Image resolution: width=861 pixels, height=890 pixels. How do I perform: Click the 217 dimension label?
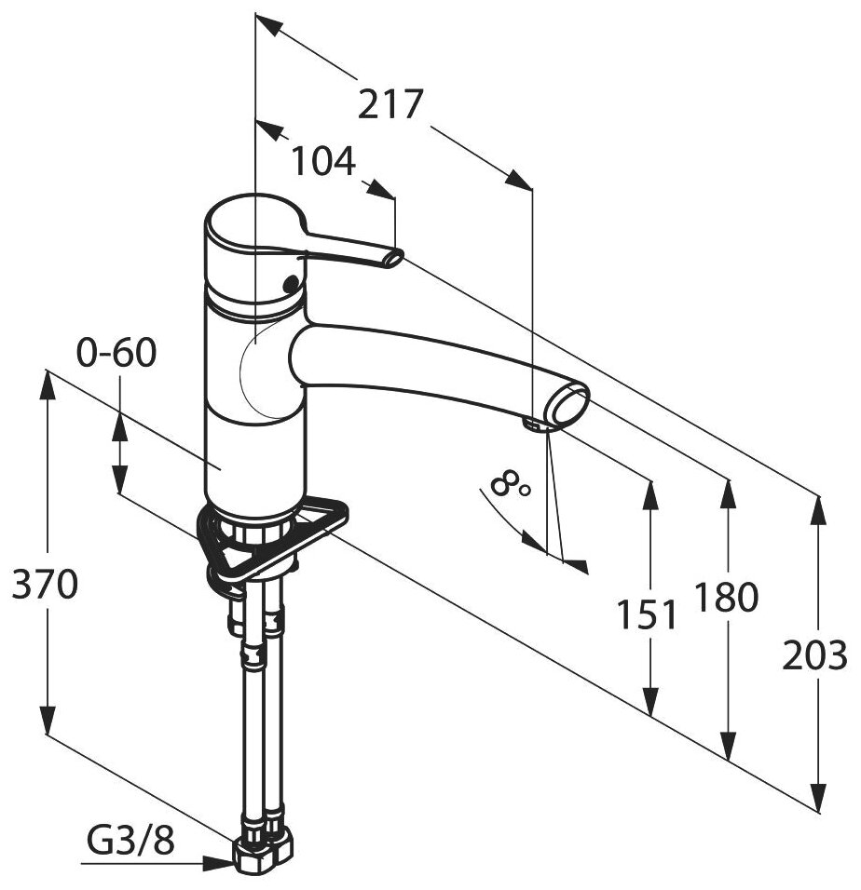point(391,104)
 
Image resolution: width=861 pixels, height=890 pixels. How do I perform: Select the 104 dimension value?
point(323,162)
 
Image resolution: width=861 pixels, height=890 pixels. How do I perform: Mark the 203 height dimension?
point(816,655)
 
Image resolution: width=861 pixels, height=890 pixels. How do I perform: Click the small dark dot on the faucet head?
point(290,283)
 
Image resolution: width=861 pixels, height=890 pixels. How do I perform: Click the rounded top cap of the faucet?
point(250,223)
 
